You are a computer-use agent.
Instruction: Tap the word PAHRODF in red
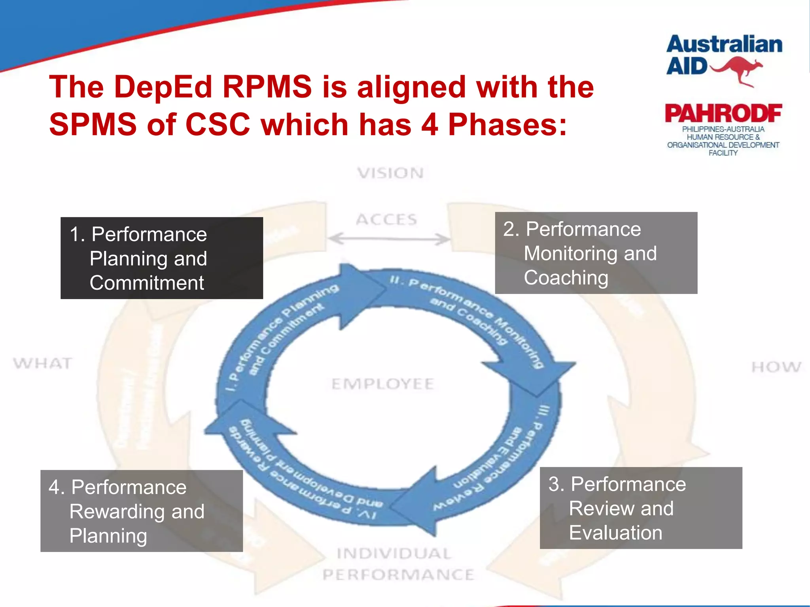coord(723,113)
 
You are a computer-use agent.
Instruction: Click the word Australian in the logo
coord(724,44)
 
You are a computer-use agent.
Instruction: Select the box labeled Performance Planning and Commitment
coord(161,258)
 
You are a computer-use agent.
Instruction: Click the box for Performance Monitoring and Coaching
coord(596,253)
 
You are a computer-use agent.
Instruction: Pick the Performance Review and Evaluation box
coord(641,508)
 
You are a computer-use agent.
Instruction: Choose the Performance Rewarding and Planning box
coord(142,511)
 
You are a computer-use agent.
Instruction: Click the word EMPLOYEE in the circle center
coord(382,384)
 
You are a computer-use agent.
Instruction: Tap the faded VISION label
coord(390,173)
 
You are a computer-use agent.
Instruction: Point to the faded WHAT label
coord(43,363)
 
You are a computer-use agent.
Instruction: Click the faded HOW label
coord(776,367)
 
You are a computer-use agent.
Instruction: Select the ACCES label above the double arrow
coord(386,219)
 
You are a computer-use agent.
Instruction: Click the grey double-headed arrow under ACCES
coord(389,239)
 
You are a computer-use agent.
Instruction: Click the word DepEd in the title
coord(163,87)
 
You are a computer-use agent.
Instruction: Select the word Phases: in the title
coord(507,124)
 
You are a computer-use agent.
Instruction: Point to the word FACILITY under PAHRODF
coord(723,153)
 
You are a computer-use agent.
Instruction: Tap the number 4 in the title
coord(430,124)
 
